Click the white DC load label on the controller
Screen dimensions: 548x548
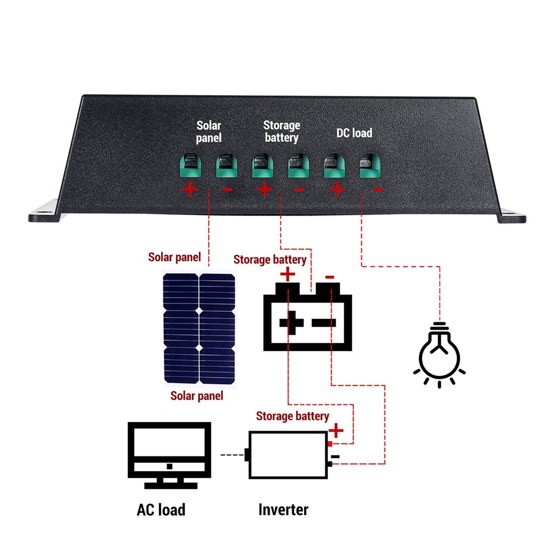[x=353, y=133]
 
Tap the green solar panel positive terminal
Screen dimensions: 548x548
[x=190, y=165]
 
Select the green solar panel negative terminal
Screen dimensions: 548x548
[x=226, y=165]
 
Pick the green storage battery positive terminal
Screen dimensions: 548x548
[x=262, y=165]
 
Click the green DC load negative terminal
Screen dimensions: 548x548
[x=369, y=165]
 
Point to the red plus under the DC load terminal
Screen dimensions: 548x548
[x=337, y=190]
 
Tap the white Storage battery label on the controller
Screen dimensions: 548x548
[x=281, y=132]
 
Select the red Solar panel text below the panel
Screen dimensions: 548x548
[x=197, y=396]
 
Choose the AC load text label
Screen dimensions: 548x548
[x=161, y=510]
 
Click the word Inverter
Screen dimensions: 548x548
[x=283, y=510]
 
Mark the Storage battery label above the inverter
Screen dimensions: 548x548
[x=293, y=416]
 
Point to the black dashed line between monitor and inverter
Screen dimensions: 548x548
[x=232, y=455]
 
